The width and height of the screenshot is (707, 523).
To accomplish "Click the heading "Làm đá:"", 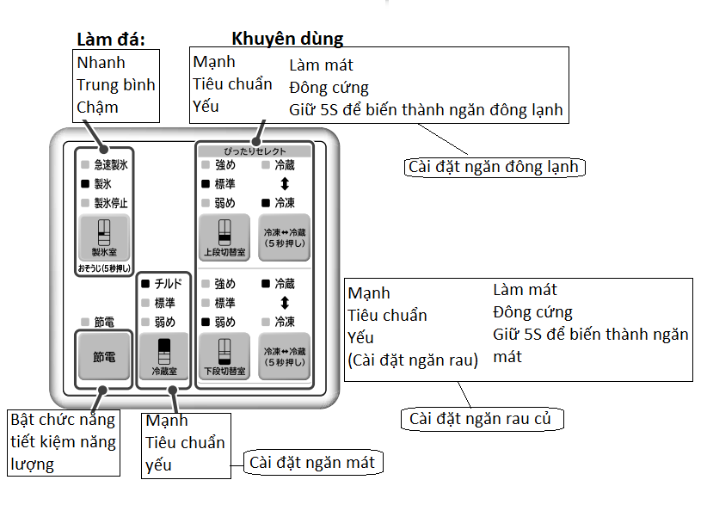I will (111, 40).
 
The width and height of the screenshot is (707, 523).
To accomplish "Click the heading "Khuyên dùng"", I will (287, 39).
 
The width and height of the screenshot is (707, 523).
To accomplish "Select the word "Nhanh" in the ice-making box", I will (101, 63).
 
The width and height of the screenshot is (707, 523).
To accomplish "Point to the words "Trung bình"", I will (116, 85).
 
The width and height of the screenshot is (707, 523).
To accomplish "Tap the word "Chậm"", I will (97, 108).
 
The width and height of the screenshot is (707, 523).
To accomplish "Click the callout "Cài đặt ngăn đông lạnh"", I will (495, 167).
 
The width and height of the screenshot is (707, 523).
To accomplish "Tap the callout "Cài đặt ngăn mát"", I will (313, 463).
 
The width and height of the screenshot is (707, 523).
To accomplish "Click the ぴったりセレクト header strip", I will (255, 151).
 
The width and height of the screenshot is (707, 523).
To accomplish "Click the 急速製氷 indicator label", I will (111, 164).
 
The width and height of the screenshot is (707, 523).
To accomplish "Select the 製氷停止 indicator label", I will (111, 203).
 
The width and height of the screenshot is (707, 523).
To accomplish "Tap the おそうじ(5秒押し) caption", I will (104, 268).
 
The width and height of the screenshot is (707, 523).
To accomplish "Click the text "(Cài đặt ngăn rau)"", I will (413, 360).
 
